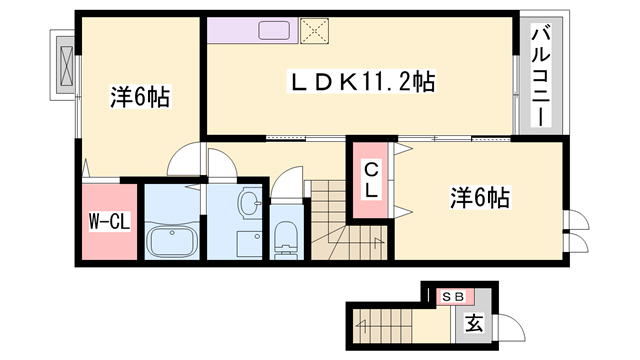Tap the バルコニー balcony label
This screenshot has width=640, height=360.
pos(539,75)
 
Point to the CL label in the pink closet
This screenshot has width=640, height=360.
pos(369,179)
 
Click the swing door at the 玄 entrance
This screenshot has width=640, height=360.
pos(507,326)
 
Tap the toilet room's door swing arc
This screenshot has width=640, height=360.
pos(285,185)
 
